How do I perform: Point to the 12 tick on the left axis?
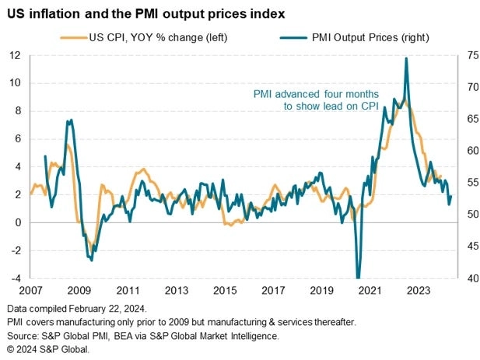[15, 55]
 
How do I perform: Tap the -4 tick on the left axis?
[15, 278]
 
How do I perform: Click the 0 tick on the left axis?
[17, 222]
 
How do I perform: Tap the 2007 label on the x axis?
[30, 291]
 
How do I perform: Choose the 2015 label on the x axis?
[225, 291]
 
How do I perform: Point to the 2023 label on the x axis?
[420, 291]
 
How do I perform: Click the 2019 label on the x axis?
[323, 291]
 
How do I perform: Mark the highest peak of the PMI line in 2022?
[406, 58]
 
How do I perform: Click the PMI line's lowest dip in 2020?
[358, 277]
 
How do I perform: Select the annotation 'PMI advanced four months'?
[316, 94]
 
